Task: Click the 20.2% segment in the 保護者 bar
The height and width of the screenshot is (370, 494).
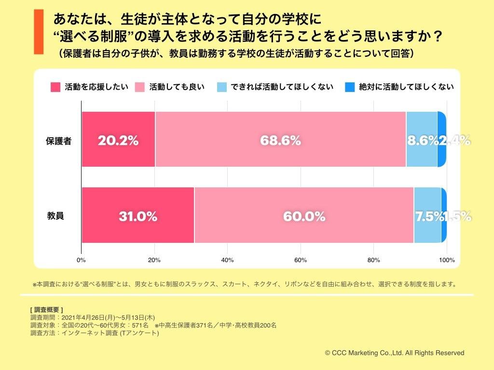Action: tap(118, 139)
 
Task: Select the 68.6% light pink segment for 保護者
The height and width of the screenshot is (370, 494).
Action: tap(280, 139)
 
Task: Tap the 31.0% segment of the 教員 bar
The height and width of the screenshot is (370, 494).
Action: tap(138, 215)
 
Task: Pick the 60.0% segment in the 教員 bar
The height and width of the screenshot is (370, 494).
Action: tap(304, 215)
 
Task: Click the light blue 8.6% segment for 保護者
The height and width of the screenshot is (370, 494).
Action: tap(422, 139)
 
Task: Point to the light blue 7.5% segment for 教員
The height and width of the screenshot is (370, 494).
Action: tap(427, 215)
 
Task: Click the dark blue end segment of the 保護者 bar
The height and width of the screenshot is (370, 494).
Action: tap(441, 139)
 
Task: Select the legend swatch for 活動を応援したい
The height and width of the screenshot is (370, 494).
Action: tap(55, 87)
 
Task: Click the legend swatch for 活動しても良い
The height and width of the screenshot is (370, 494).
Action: tap(140, 87)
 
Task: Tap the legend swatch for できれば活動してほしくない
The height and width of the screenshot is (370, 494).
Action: tap(222, 87)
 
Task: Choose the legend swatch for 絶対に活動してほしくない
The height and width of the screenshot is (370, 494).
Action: tap(350, 87)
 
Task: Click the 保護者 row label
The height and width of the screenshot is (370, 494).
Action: tap(59, 141)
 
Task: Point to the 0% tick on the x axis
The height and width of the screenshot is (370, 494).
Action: tap(81, 260)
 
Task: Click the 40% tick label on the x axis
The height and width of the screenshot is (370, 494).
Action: tap(227, 260)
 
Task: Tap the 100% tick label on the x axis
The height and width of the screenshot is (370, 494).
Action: tap(447, 260)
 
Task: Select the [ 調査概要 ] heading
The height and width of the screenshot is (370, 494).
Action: tap(46, 309)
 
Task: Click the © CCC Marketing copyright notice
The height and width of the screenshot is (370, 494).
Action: tap(395, 353)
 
